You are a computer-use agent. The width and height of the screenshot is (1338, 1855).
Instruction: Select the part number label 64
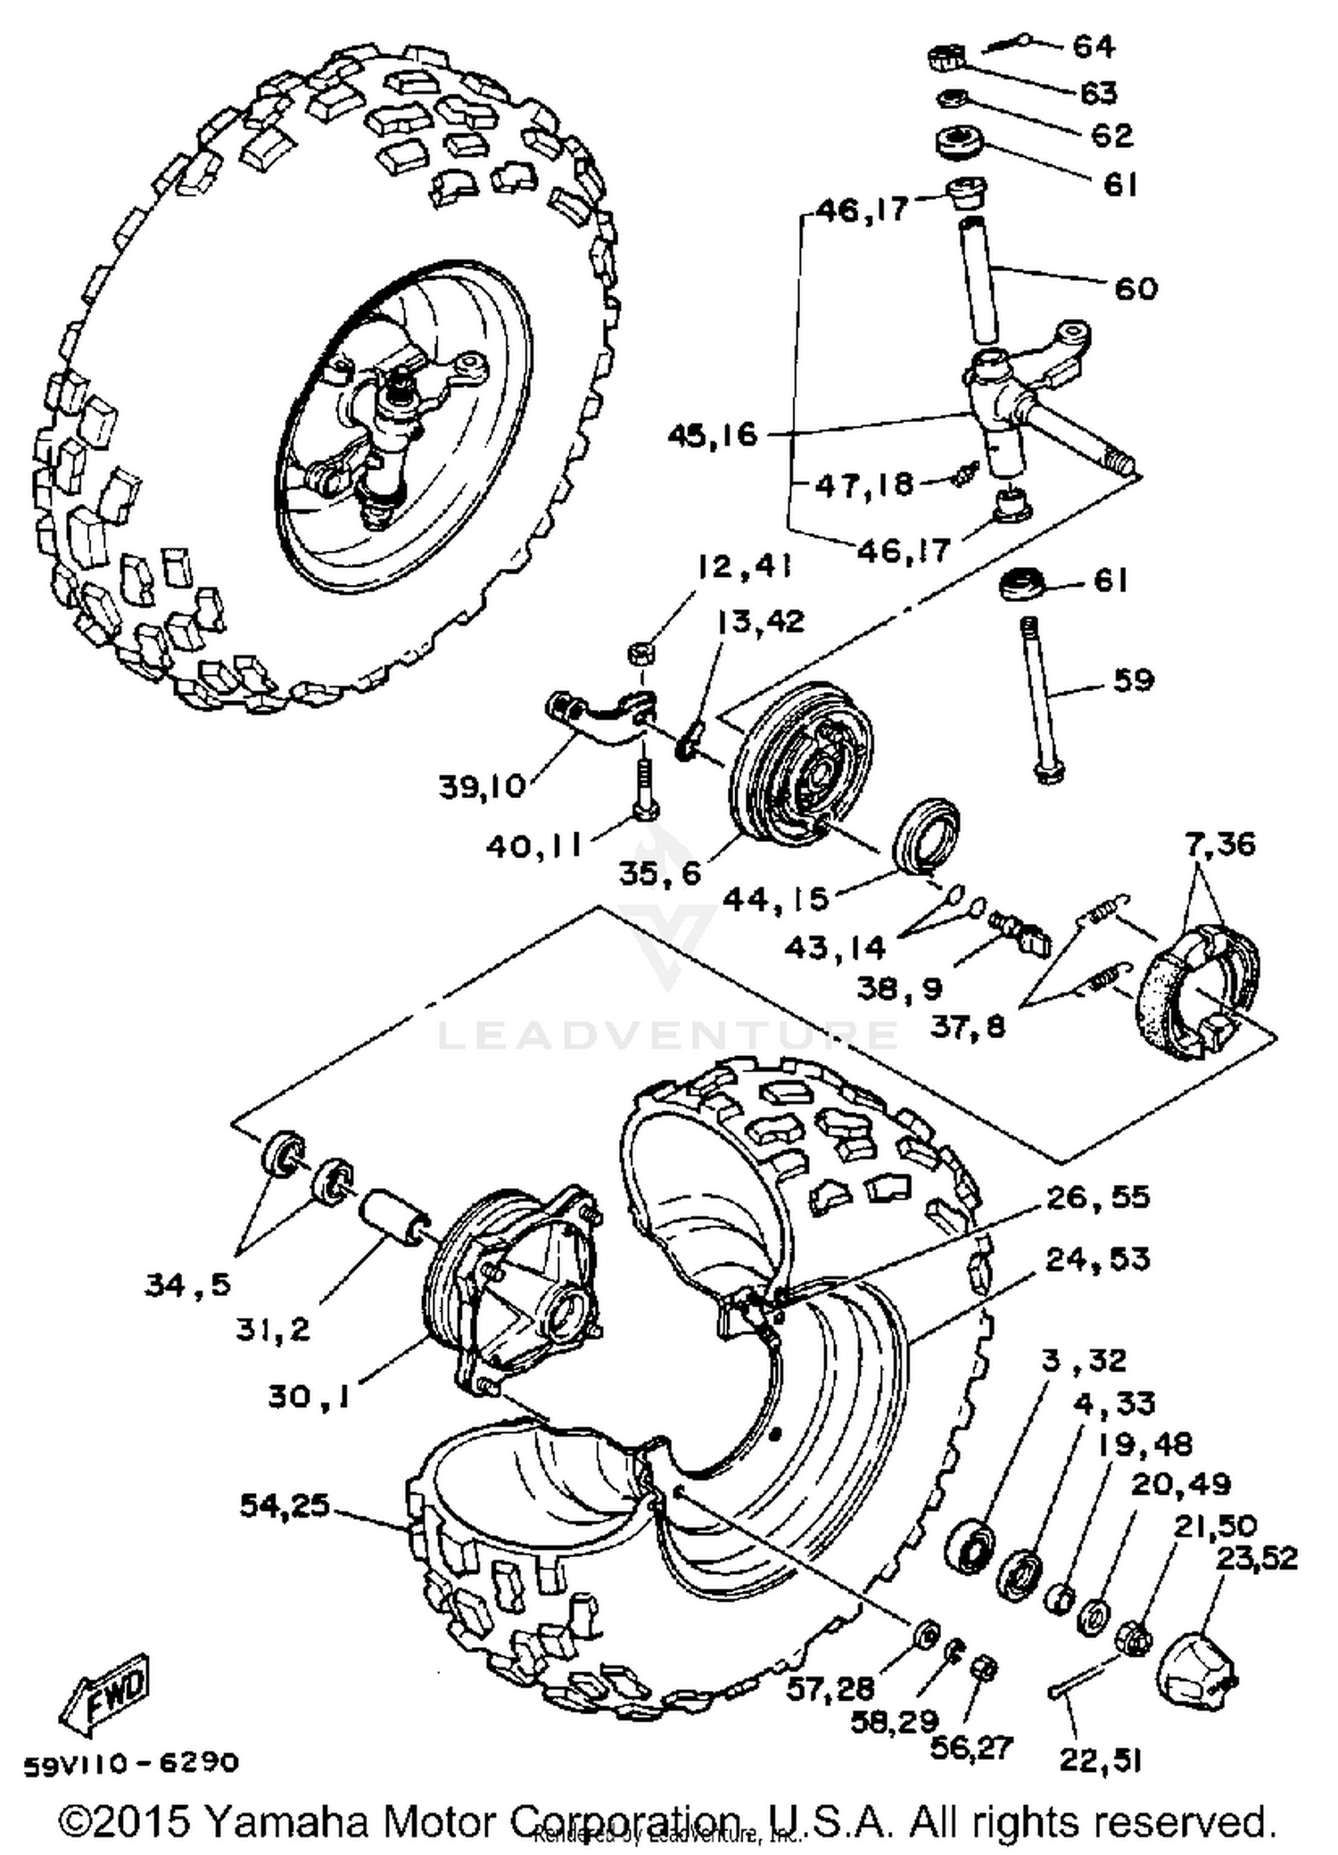(1094, 45)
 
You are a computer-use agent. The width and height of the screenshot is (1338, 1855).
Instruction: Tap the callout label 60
(1136, 288)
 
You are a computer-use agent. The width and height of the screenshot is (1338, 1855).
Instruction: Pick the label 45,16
(713, 435)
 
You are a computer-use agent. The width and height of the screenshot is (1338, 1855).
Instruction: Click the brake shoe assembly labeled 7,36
(1195, 993)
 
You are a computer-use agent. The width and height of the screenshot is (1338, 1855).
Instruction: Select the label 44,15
(776, 900)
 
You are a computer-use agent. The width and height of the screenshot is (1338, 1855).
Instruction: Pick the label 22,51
(1100, 1760)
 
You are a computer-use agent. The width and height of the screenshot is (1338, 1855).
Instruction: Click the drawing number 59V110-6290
(131, 1763)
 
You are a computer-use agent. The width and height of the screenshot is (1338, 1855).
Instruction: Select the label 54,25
(285, 1506)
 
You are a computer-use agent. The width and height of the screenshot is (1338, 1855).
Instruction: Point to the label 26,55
(1097, 1197)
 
